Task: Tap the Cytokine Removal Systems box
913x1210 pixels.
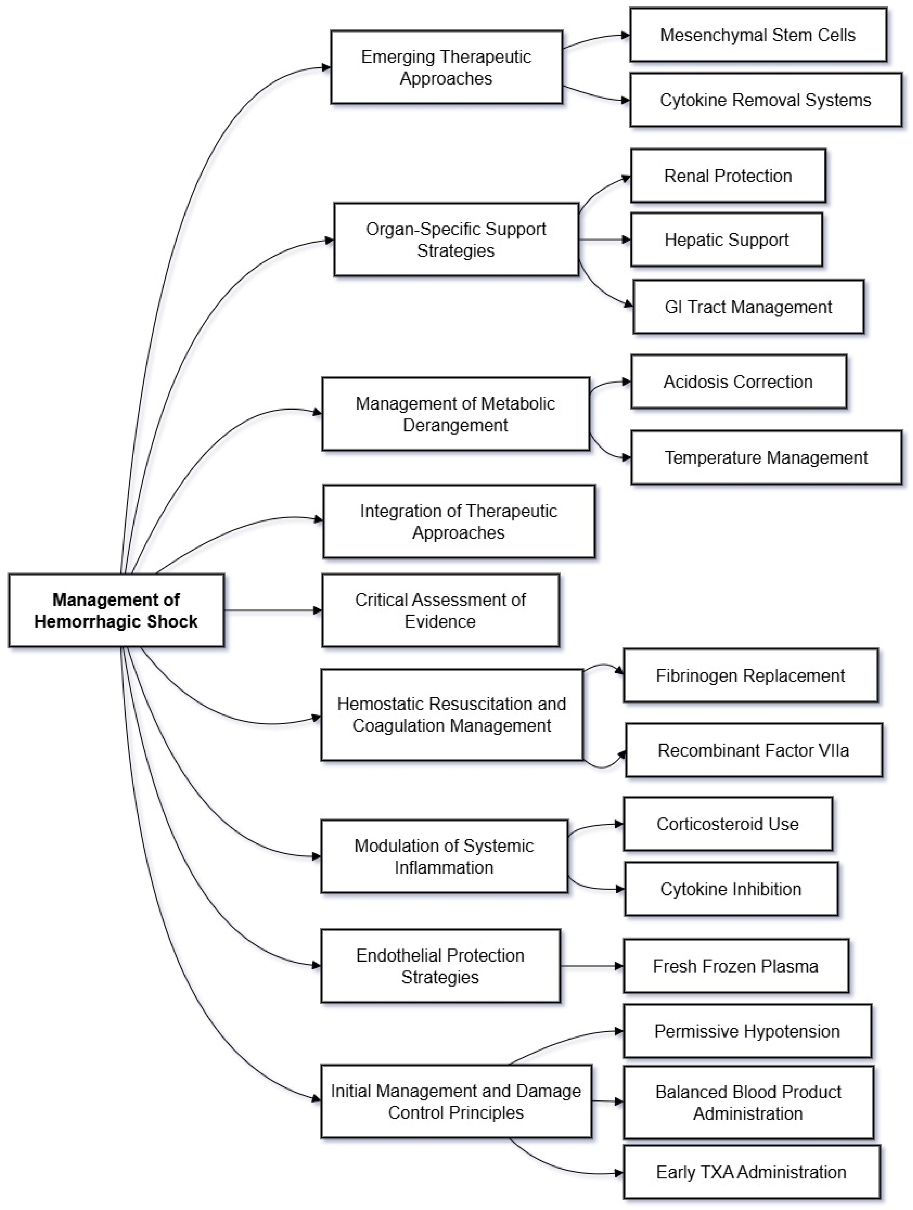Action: pyautogui.click(x=765, y=100)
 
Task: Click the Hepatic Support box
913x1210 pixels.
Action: pyautogui.click(x=726, y=239)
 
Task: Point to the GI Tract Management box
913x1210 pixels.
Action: pyautogui.click(x=748, y=307)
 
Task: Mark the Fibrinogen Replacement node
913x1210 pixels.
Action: pyautogui.click(x=750, y=676)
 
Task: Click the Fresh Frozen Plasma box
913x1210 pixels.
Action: pyautogui.click(x=736, y=966)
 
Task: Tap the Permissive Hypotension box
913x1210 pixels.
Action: pyautogui.click(x=747, y=1031)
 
